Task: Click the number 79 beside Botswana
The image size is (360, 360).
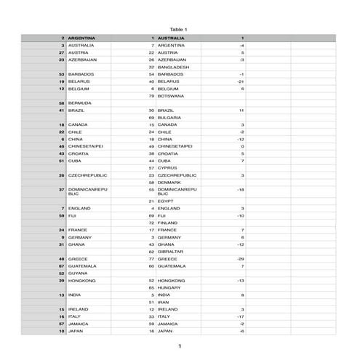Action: tap(151, 96)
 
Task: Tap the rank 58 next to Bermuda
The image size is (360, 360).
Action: tap(62, 103)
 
